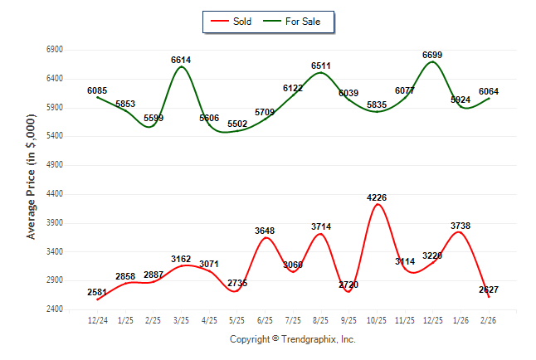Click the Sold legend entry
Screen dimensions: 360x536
[x=235, y=21]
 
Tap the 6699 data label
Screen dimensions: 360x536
[x=432, y=55]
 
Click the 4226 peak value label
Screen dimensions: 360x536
[x=377, y=197]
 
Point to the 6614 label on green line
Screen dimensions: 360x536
[x=182, y=61]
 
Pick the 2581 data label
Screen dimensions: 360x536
[x=96, y=293]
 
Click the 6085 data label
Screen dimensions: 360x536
[x=97, y=91]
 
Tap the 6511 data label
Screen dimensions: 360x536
[x=320, y=66]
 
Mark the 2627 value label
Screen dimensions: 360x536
[x=489, y=289]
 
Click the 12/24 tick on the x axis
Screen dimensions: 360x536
[x=97, y=319]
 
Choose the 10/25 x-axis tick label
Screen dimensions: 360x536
[x=377, y=319]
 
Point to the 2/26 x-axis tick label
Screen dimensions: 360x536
[x=489, y=319]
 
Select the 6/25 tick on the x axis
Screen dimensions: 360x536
[x=265, y=319]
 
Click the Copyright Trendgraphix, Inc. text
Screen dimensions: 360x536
[x=292, y=339]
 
